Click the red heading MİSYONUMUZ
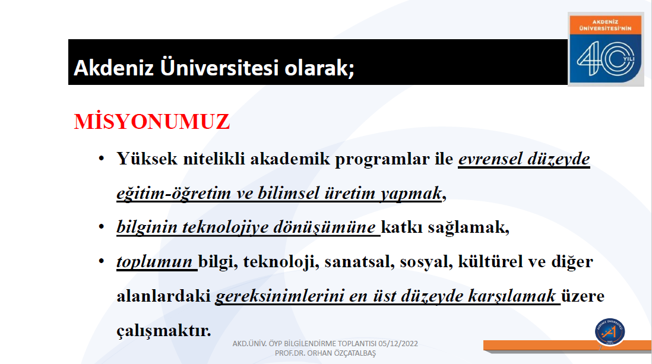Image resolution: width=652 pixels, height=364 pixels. pos(152,122)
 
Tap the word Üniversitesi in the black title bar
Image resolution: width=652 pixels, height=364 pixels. pos(219,67)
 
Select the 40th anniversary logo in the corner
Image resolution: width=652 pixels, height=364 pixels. pos(606,49)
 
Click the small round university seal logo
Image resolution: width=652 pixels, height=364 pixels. pos(610,331)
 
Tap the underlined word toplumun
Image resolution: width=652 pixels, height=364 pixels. pos(154,262)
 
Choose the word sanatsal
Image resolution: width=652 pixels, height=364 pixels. pos(359,262)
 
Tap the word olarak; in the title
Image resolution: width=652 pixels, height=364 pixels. pos(319,67)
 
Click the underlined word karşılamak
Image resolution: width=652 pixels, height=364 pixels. pos(512,296)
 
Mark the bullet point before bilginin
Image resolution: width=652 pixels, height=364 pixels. pos(102,227)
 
